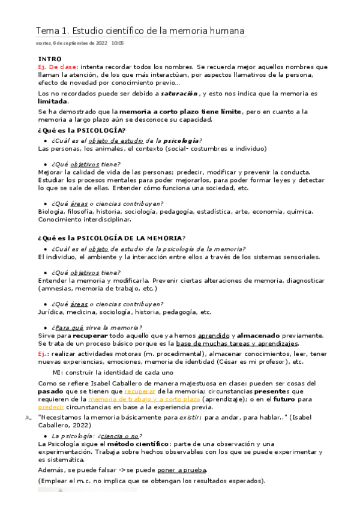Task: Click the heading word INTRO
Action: (49, 59)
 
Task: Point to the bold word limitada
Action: (53, 102)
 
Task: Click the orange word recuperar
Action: (138, 391)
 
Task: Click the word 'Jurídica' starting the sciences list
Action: (51, 312)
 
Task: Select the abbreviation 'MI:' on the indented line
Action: (58, 372)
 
